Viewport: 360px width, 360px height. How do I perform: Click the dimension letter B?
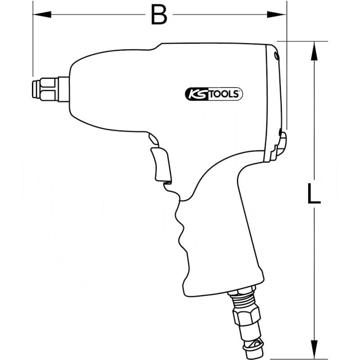159,15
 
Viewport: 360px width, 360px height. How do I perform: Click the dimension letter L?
313,194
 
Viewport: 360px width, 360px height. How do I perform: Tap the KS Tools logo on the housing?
214,94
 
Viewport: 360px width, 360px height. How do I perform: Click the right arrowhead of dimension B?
283,15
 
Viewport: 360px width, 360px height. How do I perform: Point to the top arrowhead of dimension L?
314,46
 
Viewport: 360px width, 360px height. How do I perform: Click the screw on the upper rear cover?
276,55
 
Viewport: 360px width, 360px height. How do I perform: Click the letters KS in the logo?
194,94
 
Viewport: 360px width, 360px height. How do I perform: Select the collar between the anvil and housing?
63,89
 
